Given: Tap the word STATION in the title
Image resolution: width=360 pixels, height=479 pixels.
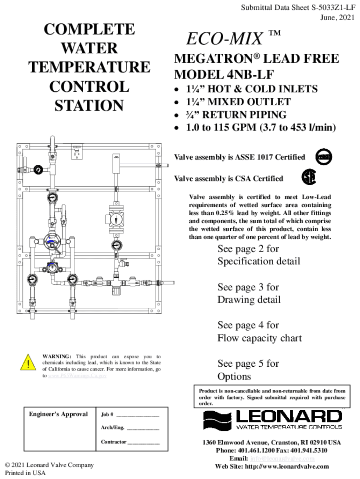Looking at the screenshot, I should [x=89, y=106].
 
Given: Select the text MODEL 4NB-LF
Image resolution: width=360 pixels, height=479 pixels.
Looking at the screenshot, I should [x=224, y=74].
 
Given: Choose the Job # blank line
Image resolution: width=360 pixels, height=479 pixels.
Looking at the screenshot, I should [x=138, y=415].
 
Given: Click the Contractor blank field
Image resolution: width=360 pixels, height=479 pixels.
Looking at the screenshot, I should [x=144, y=442].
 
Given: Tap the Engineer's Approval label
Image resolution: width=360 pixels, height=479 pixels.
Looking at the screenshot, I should [x=58, y=414].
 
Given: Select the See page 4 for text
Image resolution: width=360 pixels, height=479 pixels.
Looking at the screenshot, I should [x=248, y=325].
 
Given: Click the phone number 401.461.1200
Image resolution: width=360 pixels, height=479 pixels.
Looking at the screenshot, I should [x=252, y=450].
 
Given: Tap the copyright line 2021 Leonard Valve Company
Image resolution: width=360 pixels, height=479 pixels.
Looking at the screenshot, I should [x=49, y=465].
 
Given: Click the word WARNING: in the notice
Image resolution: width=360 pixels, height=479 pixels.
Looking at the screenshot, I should [x=57, y=356].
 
